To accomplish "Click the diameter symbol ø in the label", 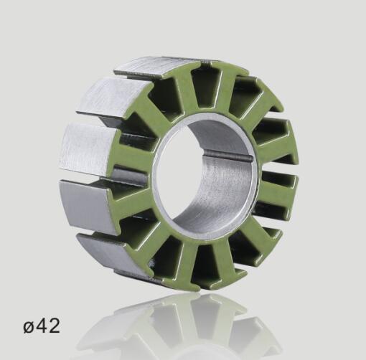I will pos(29,327).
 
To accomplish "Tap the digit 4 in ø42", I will pos(43,326).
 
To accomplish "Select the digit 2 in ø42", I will pos(54,326).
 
